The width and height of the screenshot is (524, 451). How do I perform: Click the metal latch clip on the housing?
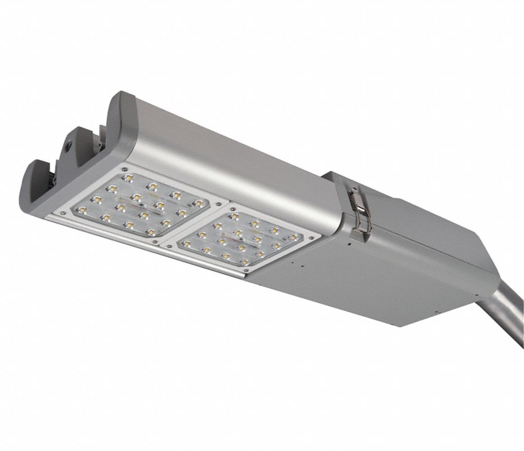tap(358, 208)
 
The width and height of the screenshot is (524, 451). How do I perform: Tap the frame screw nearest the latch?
tap(311, 238)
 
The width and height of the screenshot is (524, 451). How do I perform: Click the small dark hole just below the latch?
tap(349, 245)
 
